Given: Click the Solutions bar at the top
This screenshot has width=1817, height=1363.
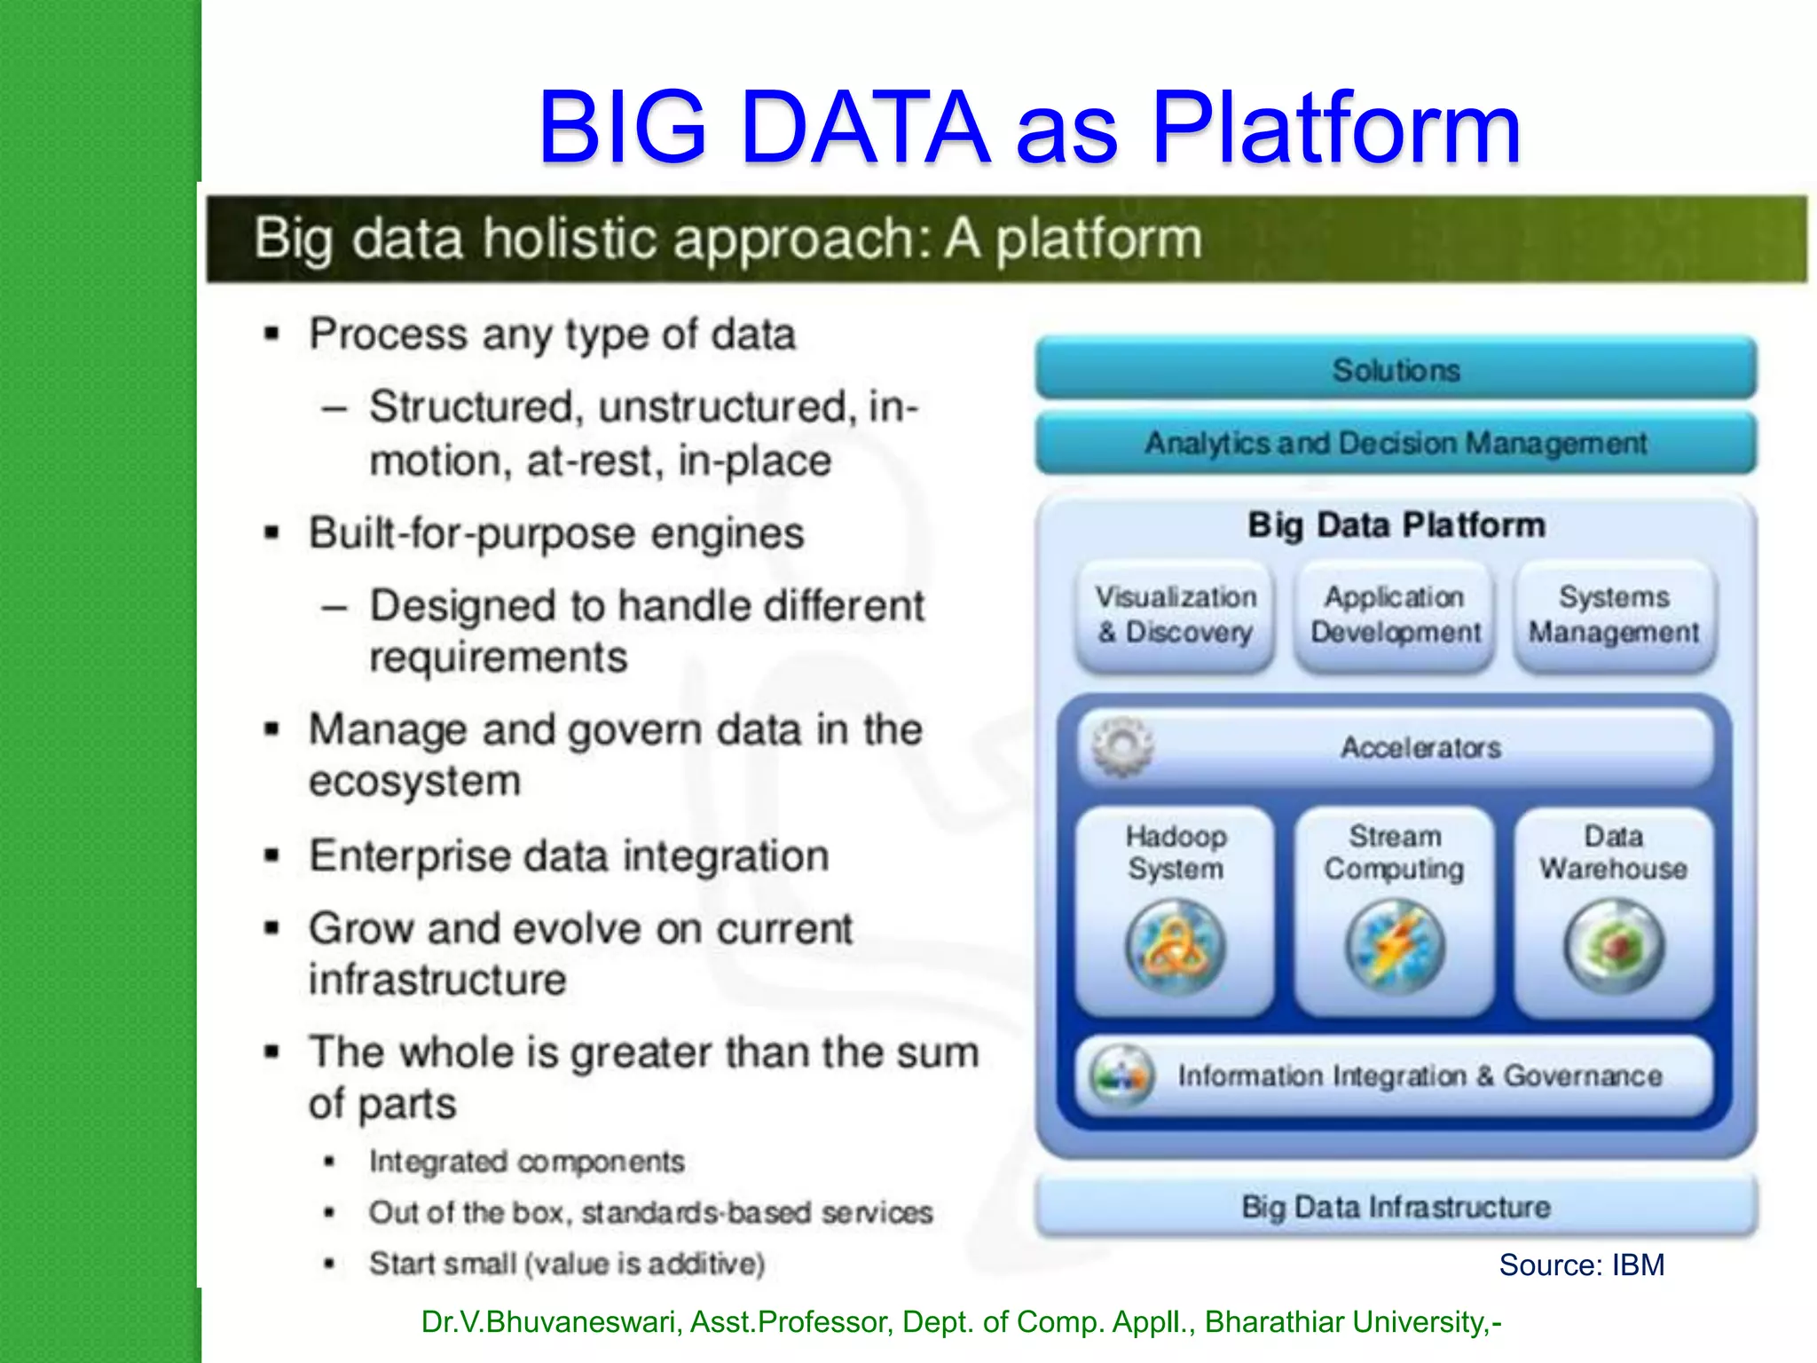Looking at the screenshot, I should tap(1396, 369).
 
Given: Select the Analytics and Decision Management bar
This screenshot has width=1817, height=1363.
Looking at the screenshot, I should tap(1396, 442).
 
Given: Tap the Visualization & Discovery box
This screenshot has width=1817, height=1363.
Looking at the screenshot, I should tap(1175, 615).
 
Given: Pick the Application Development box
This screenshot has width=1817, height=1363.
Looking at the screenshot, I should tap(1395, 615).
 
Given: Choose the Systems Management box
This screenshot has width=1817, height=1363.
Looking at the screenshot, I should tap(1614, 615).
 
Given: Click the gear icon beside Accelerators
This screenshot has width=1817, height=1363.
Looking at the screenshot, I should tap(1122, 747).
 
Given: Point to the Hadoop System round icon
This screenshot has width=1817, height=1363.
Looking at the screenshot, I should tap(1176, 947).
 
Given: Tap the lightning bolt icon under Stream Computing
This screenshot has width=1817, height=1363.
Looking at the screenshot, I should tap(1395, 947).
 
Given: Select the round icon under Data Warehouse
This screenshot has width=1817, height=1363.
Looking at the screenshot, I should tap(1614, 947).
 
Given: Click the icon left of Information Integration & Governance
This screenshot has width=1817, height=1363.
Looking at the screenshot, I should tap(1121, 1076).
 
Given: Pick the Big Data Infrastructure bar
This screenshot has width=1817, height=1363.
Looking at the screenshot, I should tap(1396, 1207).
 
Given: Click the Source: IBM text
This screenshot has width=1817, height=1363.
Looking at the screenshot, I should tap(1581, 1265).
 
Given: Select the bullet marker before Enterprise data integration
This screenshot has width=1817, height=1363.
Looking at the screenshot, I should tap(272, 857).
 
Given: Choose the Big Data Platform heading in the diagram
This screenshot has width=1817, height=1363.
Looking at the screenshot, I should tap(1396, 525).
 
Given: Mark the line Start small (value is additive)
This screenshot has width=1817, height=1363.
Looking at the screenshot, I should tap(566, 1264).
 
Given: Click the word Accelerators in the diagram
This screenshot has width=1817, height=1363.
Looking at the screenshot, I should tap(1420, 748).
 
